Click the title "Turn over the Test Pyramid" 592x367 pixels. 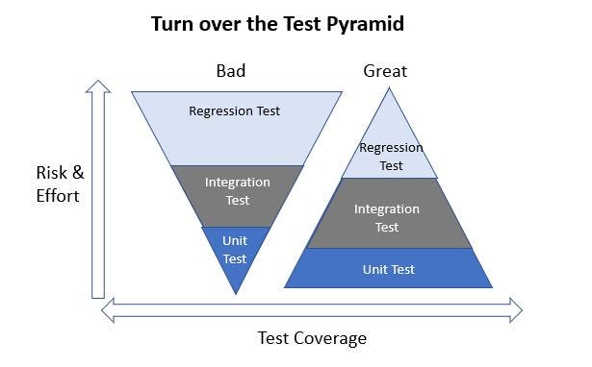coord(277,24)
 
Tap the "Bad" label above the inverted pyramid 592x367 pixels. coord(231,71)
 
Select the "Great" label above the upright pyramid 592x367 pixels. coord(385,71)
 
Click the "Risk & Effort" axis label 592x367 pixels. coord(60,183)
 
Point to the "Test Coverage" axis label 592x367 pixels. coord(312,338)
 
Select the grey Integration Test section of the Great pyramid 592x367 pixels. coord(387,217)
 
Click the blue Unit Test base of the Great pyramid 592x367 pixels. coord(388,269)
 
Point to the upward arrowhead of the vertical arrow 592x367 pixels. coord(97,86)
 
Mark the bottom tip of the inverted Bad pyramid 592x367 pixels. coord(235,292)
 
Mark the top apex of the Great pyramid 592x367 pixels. coord(389,88)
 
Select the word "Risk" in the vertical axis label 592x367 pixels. coord(52,173)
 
